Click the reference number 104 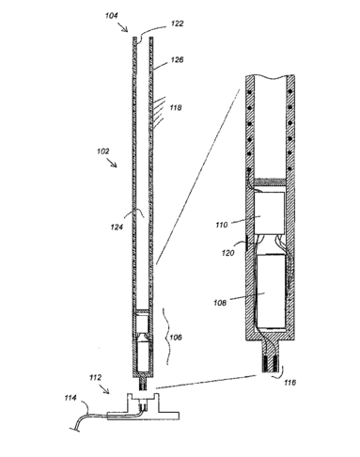coord(112,16)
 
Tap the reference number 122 coord(178,24)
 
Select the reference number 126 coord(177,59)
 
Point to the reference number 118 coord(176,107)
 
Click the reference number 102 coord(103,151)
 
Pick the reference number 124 coord(117,227)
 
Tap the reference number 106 coord(176,338)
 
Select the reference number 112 coord(95,377)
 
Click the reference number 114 coord(70,398)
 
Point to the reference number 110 coord(222,225)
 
